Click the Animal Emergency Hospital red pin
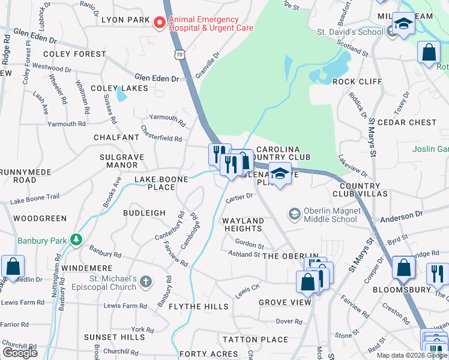click(159, 23)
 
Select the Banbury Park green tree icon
click(76, 240)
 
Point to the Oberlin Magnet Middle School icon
click(294, 214)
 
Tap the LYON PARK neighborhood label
click(126, 20)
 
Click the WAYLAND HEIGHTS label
click(243, 225)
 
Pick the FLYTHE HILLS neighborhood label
click(190, 307)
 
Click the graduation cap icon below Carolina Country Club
click(280, 174)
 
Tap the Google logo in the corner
click(20, 352)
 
